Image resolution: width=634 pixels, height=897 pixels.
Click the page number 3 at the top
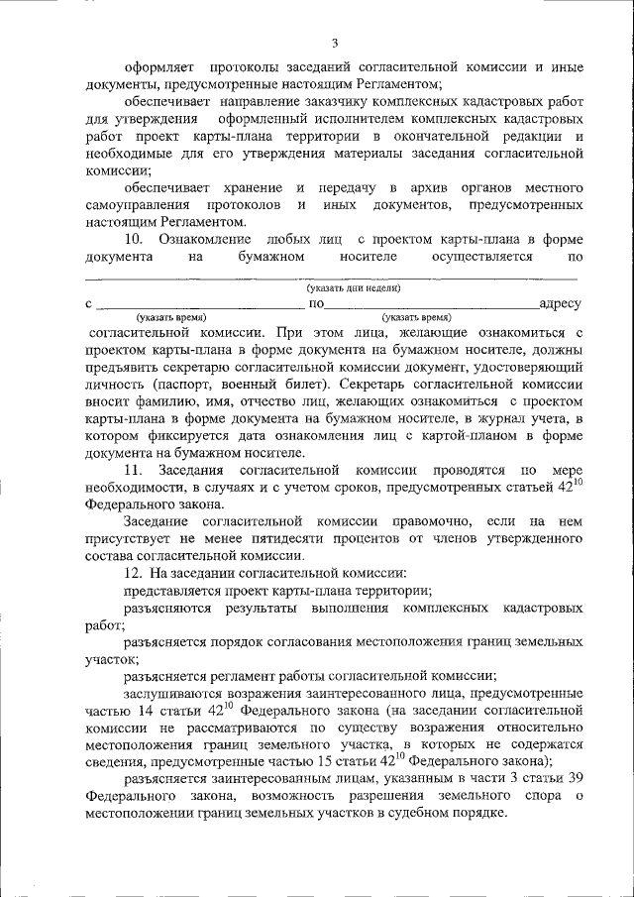335,43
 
